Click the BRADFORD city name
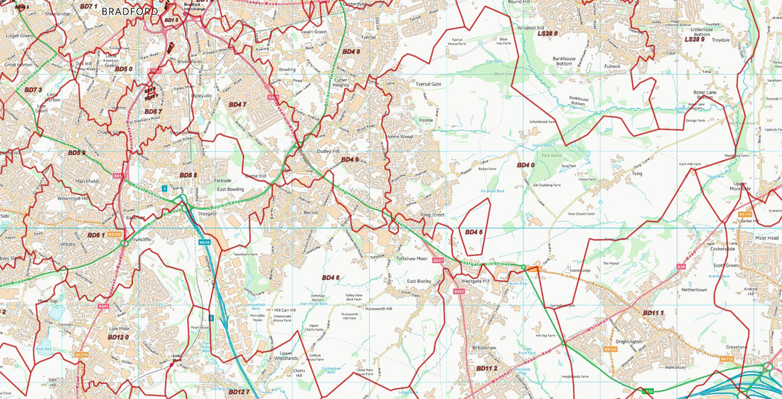point(130,11)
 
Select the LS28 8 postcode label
point(547,33)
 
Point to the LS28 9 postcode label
point(695,40)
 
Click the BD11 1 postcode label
point(653,313)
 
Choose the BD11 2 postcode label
point(486,368)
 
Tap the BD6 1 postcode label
point(96,235)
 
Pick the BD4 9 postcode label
point(349,159)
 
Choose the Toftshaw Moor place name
point(412,259)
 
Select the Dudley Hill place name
point(328,151)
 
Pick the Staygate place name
point(207,213)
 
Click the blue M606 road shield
point(204,243)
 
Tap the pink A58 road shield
point(681,267)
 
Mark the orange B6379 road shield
point(82,354)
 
